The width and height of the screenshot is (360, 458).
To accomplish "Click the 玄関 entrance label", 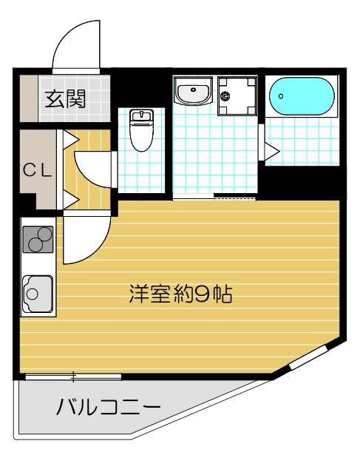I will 64,98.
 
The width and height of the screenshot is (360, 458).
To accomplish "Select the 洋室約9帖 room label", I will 180,296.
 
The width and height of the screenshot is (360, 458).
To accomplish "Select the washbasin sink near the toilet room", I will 194,92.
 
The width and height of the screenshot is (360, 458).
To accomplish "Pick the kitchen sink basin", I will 38,290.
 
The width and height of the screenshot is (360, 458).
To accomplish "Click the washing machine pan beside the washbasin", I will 238,95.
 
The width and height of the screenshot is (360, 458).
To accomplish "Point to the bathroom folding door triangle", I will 271,152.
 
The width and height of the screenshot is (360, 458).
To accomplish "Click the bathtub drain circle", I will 281,96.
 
